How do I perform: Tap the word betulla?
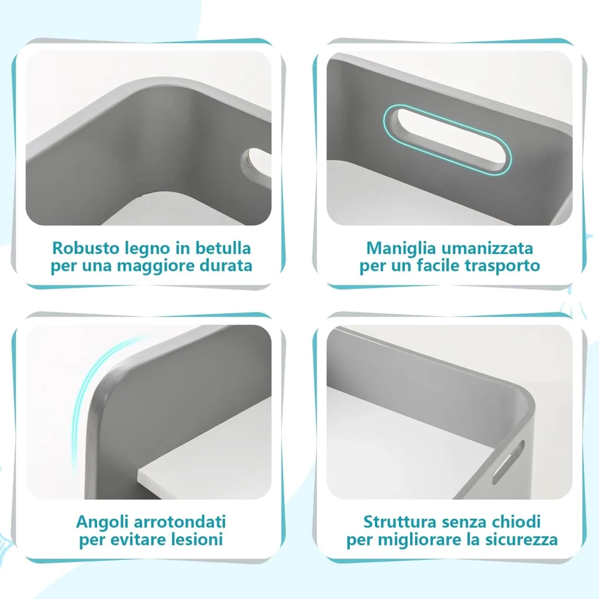pyautogui.click(x=223, y=248)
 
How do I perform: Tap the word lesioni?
pyautogui.click(x=197, y=540)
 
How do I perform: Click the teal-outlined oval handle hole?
pyautogui.click(x=447, y=140)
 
